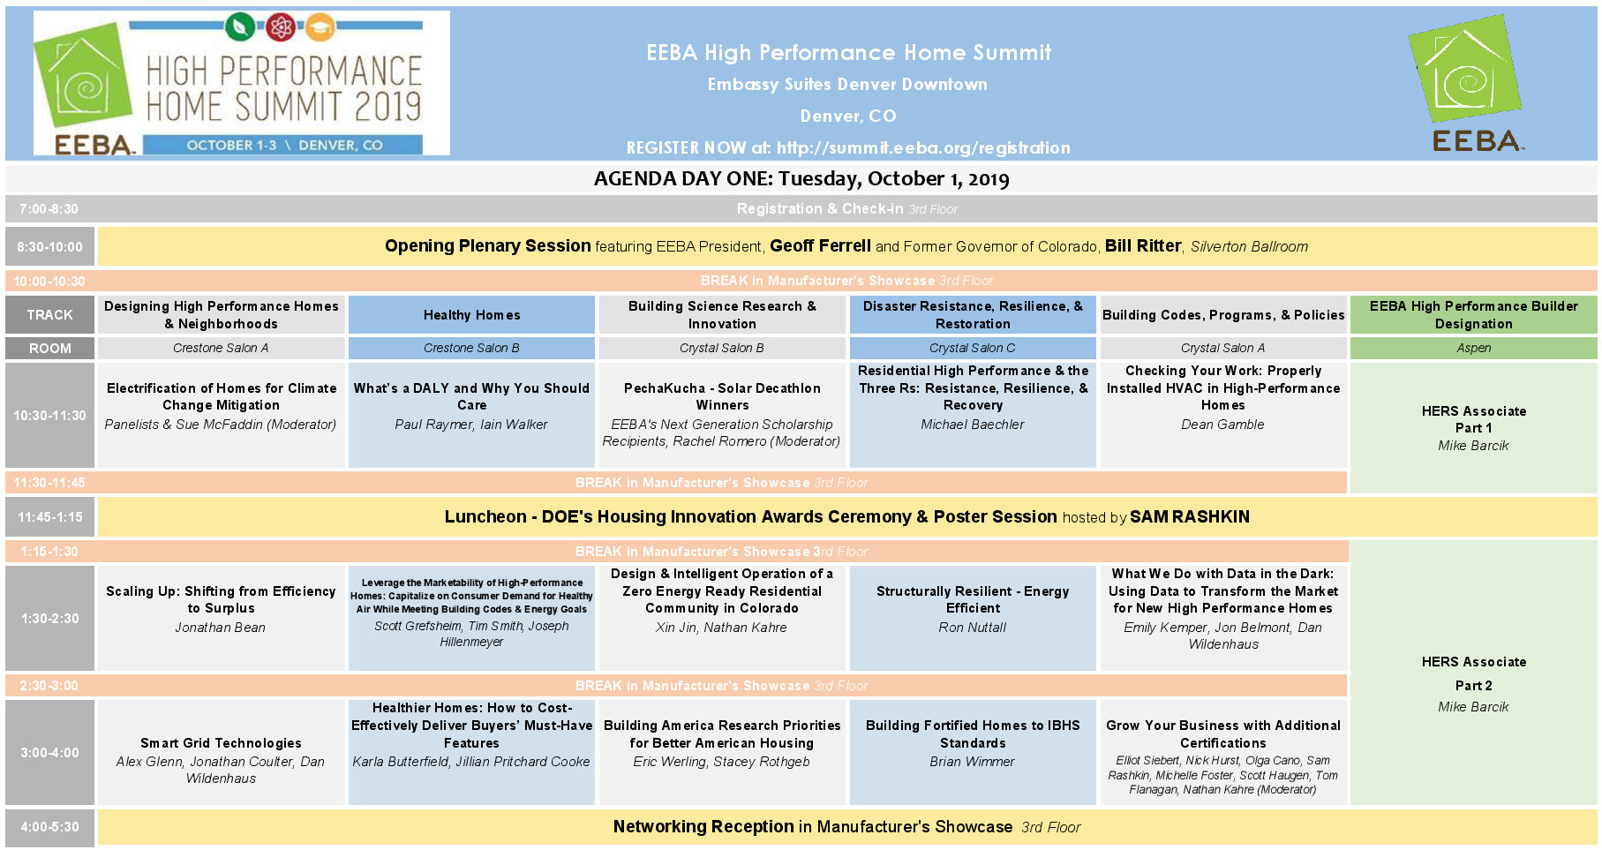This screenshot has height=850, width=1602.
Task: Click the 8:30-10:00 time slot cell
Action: [x=49, y=247]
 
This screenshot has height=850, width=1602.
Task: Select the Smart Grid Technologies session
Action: [x=221, y=752]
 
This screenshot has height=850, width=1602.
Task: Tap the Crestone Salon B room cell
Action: [x=471, y=348]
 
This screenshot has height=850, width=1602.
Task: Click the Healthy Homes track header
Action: [x=471, y=314]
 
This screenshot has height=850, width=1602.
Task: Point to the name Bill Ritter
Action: [x=1143, y=246]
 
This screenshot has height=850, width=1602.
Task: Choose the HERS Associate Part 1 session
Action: [x=1473, y=428]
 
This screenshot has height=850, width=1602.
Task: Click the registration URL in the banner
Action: [x=923, y=148]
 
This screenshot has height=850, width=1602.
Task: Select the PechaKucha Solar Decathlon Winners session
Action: [x=722, y=415]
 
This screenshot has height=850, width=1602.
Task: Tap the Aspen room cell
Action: [x=1473, y=348]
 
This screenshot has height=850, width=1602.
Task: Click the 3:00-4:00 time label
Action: [x=49, y=753]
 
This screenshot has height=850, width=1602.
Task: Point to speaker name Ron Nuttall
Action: [x=973, y=628]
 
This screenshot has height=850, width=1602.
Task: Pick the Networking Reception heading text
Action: [x=703, y=827]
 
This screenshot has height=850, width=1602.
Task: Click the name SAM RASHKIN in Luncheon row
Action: [x=1190, y=517]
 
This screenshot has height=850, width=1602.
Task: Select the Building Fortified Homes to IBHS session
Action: [x=973, y=752]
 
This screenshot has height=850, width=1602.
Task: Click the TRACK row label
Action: [x=49, y=314]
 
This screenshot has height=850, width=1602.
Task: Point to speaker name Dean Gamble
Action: [x=1222, y=425]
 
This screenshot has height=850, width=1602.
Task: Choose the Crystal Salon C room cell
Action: [x=973, y=348]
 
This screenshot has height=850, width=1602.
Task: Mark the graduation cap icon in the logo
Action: [x=320, y=27]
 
